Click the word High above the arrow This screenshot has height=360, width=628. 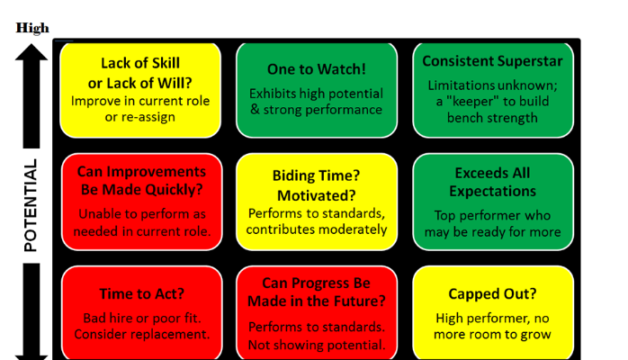[32, 28]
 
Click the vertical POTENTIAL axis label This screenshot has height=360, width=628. [31, 206]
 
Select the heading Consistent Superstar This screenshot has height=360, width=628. [492, 62]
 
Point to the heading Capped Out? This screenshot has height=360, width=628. [492, 294]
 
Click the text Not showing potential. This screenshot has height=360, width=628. [316, 345]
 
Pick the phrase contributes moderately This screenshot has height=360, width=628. [316, 229]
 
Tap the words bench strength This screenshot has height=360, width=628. [492, 118]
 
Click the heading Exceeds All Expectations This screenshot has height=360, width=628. [492, 182]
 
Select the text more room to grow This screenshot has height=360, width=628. [492, 335]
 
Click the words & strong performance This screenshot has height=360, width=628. [316, 110]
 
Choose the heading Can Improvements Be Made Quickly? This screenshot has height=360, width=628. [141, 180]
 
